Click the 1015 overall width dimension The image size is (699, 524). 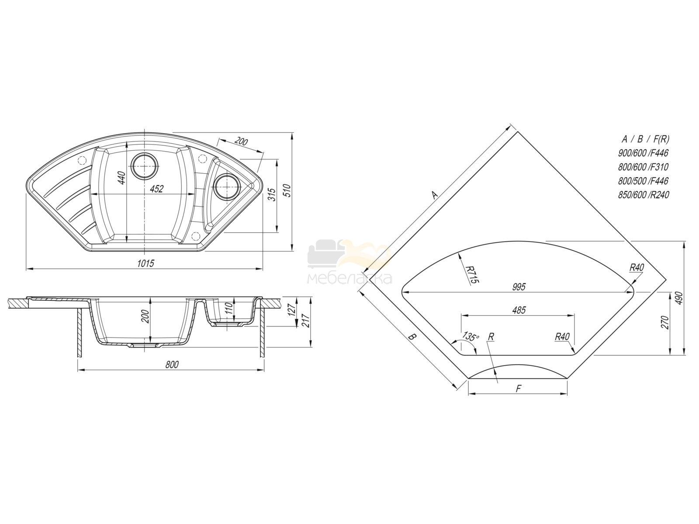tap(145, 263)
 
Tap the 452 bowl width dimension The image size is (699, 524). tap(157, 189)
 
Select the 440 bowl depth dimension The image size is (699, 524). tap(122, 178)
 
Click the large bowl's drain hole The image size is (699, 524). tap(145, 166)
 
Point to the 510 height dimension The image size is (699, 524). tap(287, 190)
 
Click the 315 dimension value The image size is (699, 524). tap(272, 194)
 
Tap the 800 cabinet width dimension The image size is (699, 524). tap(172, 365)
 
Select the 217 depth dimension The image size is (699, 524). tap(306, 321)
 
